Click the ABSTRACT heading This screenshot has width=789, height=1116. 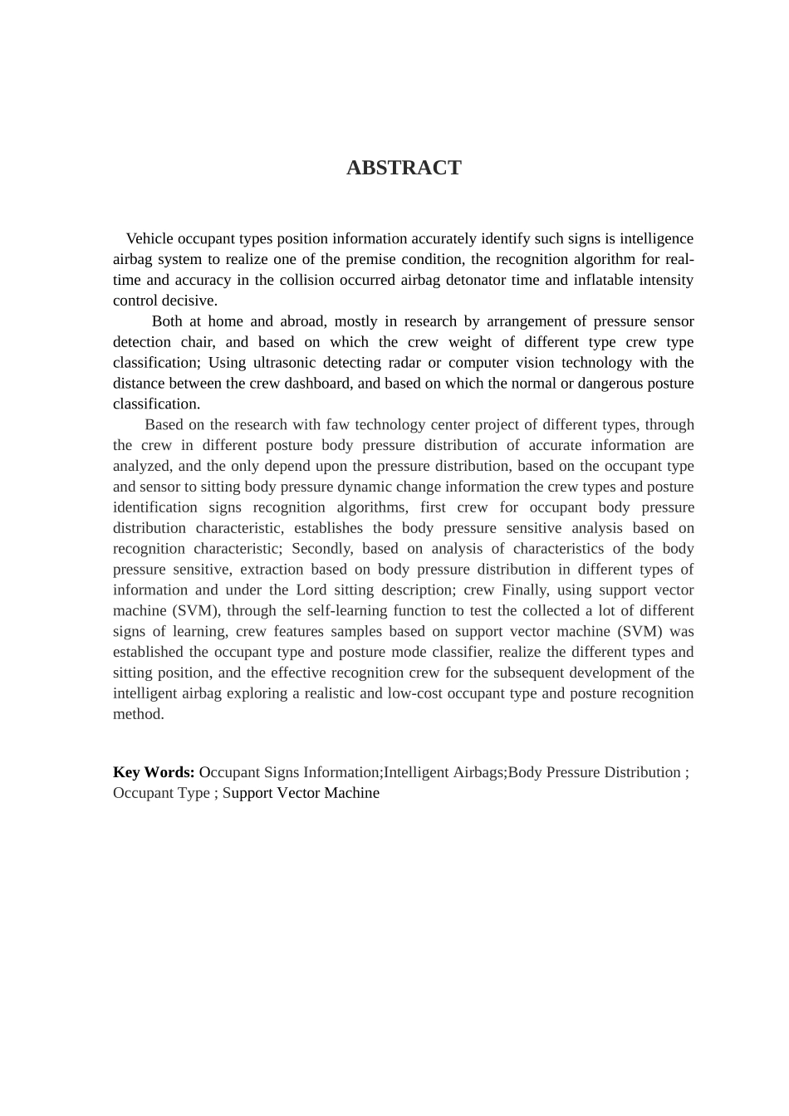404,168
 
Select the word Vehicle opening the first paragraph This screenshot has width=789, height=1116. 149,239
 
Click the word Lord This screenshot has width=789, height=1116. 311,590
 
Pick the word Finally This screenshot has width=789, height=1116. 524,590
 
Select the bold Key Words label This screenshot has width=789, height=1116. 154,772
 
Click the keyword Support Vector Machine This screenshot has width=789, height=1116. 301,793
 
